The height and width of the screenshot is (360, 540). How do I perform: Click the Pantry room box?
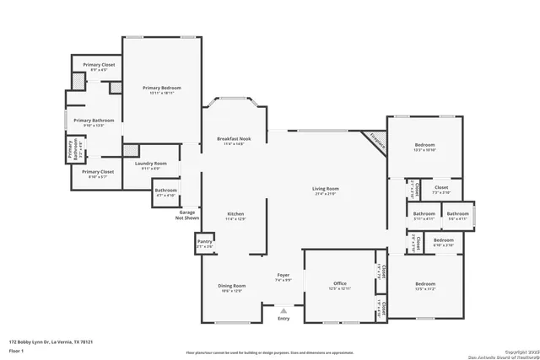pos(205,244)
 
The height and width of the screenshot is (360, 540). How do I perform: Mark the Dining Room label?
pos(232,288)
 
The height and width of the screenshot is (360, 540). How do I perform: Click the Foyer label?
pos(283,277)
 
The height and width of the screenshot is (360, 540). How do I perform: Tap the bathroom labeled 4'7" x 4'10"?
pos(165,192)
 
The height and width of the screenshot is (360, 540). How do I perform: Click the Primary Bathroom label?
pos(88,123)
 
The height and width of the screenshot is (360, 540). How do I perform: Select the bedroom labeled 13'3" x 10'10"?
pos(424,148)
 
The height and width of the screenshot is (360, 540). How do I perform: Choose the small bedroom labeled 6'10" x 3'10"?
pos(443,243)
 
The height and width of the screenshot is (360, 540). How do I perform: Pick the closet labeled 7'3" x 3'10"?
pos(441,190)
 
